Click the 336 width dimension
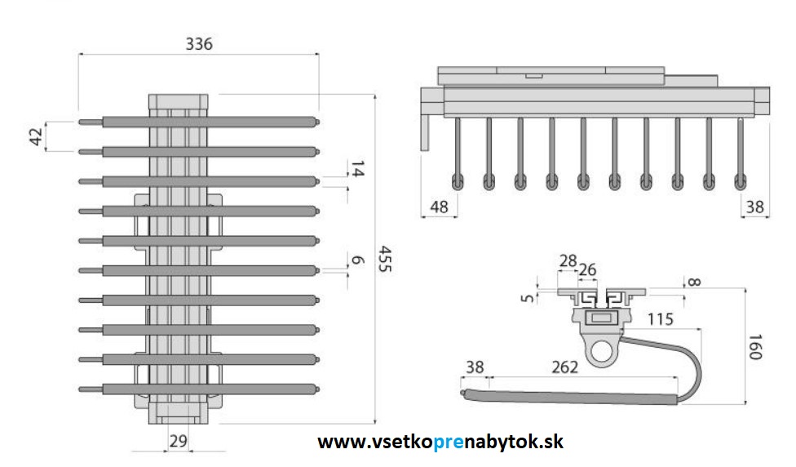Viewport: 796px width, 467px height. (x=198, y=43)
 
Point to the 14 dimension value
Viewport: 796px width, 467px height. (x=358, y=169)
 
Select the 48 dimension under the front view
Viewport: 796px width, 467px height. (x=439, y=207)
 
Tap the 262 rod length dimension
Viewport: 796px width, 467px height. (x=564, y=367)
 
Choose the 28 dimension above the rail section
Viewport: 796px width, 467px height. (x=568, y=260)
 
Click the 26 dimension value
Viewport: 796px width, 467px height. (x=587, y=269)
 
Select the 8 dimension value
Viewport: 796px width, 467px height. (x=693, y=282)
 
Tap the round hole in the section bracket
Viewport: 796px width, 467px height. (x=602, y=353)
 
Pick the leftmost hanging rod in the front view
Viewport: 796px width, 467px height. (x=458, y=155)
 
